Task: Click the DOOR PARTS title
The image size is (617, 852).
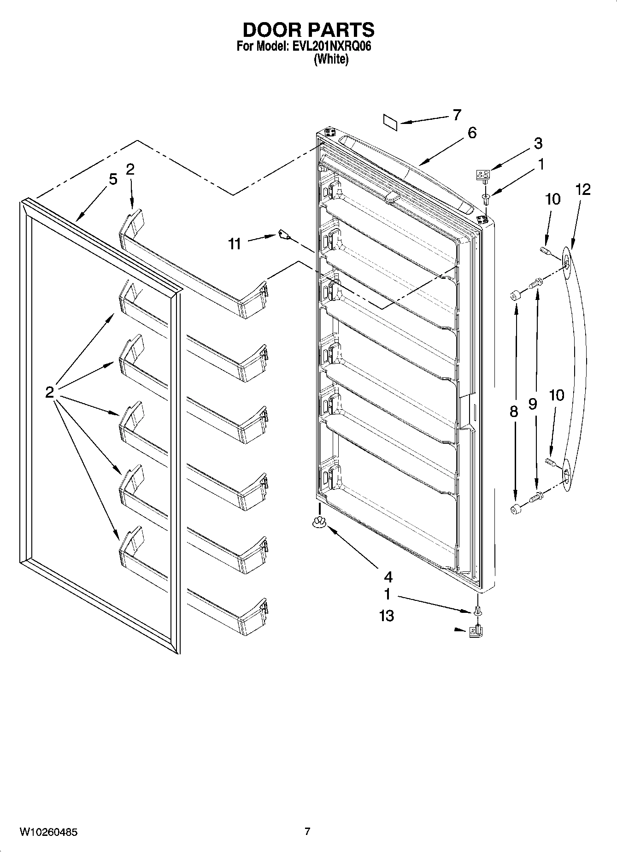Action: [308, 30]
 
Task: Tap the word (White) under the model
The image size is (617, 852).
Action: [331, 59]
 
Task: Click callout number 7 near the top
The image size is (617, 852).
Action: [456, 115]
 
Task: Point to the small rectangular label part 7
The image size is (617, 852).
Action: [390, 121]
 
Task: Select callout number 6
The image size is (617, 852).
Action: [471, 133]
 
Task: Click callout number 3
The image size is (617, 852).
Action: [538, 143]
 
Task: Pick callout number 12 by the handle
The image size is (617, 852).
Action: [582, 189]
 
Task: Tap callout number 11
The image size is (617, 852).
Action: [235, 244]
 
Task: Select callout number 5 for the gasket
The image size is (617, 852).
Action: [113, 179]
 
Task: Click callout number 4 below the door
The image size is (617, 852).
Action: [388, 576]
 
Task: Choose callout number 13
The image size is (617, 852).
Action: [387, 616]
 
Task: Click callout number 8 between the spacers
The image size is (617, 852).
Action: [514, 411]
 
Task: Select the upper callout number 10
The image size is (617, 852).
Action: [552, 199]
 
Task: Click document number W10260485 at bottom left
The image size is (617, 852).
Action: [48, 832]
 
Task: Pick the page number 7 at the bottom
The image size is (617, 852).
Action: [307, 831]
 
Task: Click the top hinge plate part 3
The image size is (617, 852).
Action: [482, 174]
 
